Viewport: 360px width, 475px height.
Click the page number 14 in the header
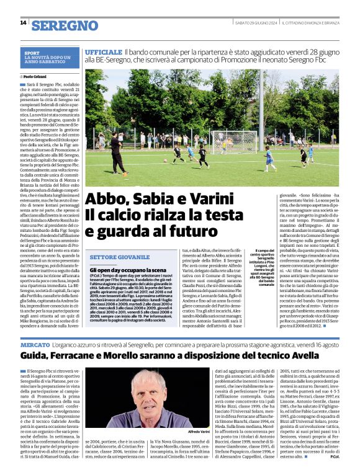pyautogui.click(x=23, y=23)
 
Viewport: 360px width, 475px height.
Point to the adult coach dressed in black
pyautogui.click(x=116, y=154)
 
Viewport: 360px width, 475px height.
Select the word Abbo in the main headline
pyautogui.click(x=107, y=200)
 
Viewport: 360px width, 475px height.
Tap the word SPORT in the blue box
pyautogui.click(x=32, y=53)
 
